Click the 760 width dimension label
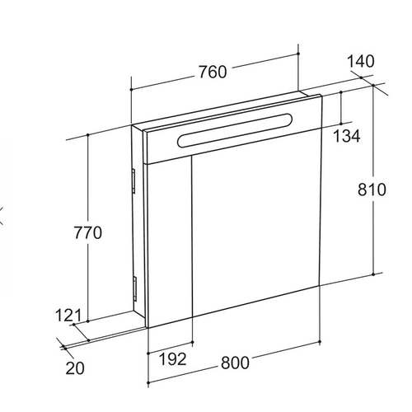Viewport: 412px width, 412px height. (x=213, y=72)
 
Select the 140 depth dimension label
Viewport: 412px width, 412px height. (x=361, y=61)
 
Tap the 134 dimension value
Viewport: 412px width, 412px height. (x=347, y=136)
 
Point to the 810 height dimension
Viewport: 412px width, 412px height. (x=372, y=190)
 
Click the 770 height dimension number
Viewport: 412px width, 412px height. (x=88, y=232)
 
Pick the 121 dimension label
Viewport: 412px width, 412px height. (x=68, y=316)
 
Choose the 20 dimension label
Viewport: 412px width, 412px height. (x=75, y=368)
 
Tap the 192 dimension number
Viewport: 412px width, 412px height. (x=173, y=359)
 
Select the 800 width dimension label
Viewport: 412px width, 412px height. (x=235, y=363)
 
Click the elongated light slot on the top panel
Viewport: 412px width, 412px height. (x=235, y=129)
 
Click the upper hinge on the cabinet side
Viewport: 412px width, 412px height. (x=133, y=181)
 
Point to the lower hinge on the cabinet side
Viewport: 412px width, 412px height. (x=134, y=288)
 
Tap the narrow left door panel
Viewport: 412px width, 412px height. (x=170, y=241)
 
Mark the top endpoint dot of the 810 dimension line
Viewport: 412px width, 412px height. (x=373, y=86)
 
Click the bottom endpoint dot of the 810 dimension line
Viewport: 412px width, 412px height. (x=373, y=274)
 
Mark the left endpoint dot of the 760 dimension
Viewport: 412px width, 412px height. (x=132, y=90)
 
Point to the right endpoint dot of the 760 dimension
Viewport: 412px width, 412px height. (x=298, y=54)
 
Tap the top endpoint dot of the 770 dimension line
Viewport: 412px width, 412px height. (x=88, y=134)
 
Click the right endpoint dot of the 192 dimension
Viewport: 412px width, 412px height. (x=192, y=342)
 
